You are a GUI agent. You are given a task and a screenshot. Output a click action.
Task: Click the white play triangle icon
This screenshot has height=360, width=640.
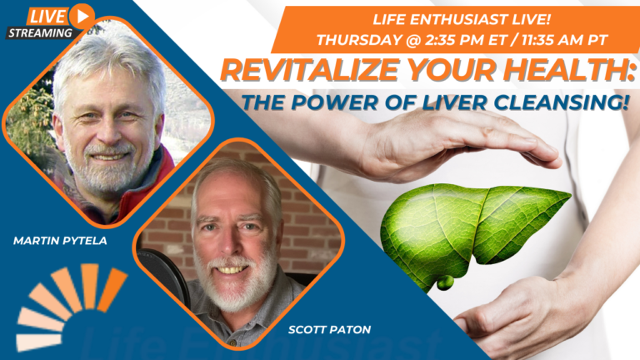(82, 17)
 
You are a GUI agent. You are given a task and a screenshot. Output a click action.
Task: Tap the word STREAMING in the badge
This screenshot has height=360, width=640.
(40, 33)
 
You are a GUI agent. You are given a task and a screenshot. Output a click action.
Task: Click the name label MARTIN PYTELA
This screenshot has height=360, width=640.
(60, 241)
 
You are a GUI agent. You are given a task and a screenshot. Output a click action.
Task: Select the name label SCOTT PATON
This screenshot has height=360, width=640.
(329, 330)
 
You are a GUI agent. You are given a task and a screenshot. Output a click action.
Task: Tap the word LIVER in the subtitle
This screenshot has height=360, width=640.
(454, 102)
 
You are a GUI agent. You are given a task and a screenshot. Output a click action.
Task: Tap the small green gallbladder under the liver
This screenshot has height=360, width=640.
(445, 282)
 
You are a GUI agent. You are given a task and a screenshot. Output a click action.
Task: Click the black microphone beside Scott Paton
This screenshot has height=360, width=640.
(163, 277)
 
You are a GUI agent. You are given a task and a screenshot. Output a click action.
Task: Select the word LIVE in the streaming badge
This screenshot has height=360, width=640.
(47, 17)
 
